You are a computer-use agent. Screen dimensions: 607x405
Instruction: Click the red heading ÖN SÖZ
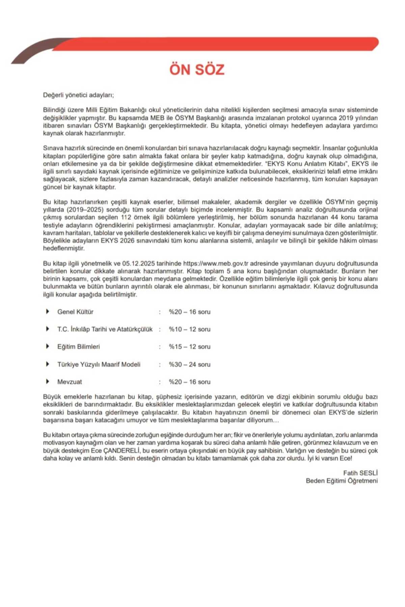tap(197, 69)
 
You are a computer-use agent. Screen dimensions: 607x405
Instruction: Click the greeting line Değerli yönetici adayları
tap(78, 95)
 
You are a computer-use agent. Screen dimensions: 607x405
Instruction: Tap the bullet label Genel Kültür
tap(75, 312)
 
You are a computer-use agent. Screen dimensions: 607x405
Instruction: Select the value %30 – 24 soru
tap(189, 365)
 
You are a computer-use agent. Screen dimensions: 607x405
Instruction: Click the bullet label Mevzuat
tap(70, 382)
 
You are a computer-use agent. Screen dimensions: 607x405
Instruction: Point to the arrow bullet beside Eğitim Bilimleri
tap(48, 346)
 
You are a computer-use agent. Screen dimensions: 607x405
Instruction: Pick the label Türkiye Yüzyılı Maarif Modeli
tap(99, 365)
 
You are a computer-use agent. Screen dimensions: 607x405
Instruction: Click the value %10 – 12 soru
tap(189, 329)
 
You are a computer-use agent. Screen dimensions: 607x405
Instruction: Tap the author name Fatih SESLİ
tap(360, 473)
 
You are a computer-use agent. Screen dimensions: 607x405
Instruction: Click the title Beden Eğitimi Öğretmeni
tap(342, 481)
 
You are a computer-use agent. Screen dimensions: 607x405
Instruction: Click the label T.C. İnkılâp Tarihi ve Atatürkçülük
tap(105, 329)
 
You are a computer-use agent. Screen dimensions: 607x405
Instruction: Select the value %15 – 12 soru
tap(189, 347)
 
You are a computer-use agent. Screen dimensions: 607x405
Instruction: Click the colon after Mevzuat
tap(160, 382)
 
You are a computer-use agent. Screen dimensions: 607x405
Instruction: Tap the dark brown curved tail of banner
tap(30, 54)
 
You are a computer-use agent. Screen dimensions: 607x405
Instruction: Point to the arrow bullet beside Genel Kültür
tap(48, 311)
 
